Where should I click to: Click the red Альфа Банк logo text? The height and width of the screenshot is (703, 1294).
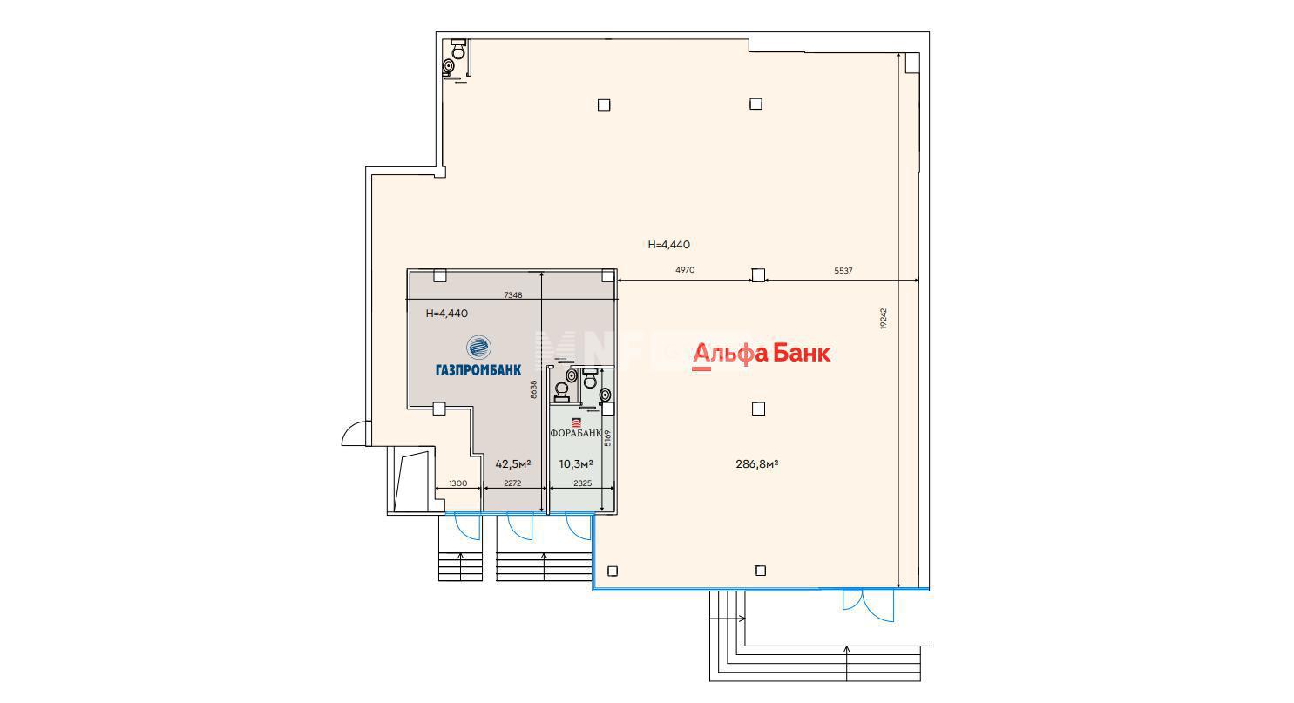click(x=762, y=354)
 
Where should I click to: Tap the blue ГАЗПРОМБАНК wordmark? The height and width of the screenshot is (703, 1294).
click(x=478, y=370)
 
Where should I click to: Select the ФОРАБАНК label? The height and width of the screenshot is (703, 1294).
click(x=576, y=433)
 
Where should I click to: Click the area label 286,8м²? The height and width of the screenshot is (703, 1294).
click(x=756, y=463)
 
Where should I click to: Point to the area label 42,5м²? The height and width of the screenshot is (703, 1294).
click(x=513, y=463)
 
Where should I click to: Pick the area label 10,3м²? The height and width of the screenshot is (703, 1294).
click(x=576, y=463)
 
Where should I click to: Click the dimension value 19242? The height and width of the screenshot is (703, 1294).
click(x=884, y=318)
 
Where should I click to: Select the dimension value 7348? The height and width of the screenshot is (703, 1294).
click(x=513, y=295)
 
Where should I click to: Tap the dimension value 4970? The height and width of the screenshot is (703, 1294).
click(x=685, y=270)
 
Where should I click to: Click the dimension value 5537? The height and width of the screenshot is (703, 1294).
click(x=843, y=270)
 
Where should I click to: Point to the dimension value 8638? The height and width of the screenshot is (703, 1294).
click(x=534, y=389)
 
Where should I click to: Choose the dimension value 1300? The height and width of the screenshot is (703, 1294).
click(x=457, y=483)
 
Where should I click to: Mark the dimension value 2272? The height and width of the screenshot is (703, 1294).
click(x=512, y=483)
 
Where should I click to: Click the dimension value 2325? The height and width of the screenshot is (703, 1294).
click(x=582, y=483)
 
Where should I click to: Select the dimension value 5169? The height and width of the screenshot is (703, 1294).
click(x=607, y=437)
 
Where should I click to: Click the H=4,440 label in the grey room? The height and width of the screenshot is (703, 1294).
click(x=446, y=314)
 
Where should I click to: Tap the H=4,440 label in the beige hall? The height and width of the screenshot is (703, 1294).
click(x=669, y=245)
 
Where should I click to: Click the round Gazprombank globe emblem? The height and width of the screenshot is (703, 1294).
click(x=478, y=348)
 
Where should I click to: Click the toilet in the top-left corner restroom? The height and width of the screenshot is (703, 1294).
click(x=458, y=51)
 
